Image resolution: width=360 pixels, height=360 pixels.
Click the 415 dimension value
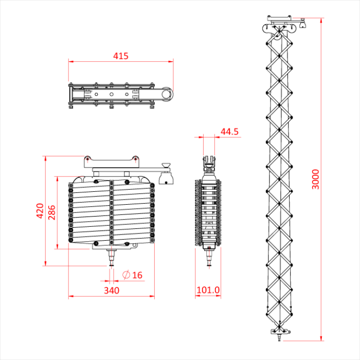click(x=121, y=56)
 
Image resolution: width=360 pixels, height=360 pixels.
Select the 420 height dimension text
click(x=39, y=210)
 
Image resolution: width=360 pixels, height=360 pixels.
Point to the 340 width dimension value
click(x=111, y=291)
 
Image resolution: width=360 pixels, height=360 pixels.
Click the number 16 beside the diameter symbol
click(x=137, y=275)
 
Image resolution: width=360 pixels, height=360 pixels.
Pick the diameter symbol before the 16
click(x=126, y=275)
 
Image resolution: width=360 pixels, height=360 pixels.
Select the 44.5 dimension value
click(x=229, y=132)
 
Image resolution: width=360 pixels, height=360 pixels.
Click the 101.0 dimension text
click(x=208, y=291)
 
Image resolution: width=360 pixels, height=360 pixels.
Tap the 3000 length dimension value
click(x=315, y=179)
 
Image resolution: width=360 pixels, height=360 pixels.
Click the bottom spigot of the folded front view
click(x=111, y=257)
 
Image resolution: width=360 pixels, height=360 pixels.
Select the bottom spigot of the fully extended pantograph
click(x=279, y=337)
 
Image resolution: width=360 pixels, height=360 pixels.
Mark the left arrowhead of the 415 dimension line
click(x=70, y=62)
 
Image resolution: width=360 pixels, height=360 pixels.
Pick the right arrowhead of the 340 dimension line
click(x=152, y=296)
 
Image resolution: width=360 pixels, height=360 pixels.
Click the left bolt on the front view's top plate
click(x=88, y=158)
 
